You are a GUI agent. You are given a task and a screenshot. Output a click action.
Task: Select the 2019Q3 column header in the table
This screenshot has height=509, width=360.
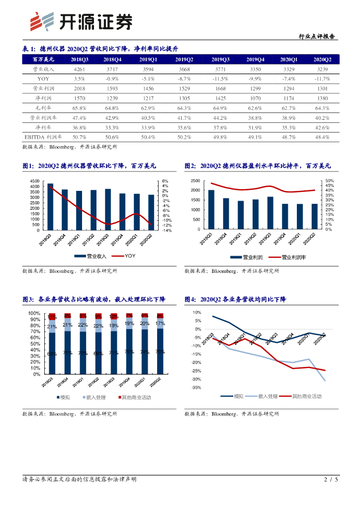(x=220, y=60)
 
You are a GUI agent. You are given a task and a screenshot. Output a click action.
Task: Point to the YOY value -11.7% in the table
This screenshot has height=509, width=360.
(x=322, y=79)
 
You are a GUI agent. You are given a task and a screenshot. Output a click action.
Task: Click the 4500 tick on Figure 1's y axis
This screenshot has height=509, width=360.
(x=35, y=181)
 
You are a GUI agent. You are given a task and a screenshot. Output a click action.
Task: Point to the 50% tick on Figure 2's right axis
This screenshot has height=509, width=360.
(x=329, y=181)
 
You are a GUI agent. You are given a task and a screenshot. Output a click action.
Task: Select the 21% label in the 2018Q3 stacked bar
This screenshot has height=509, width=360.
(x=52, y=327)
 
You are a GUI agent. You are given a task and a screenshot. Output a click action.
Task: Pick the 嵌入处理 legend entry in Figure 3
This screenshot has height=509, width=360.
(x=93, y=397)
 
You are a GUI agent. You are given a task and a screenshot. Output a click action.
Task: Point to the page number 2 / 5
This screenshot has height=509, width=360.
(x=331, y=480)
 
